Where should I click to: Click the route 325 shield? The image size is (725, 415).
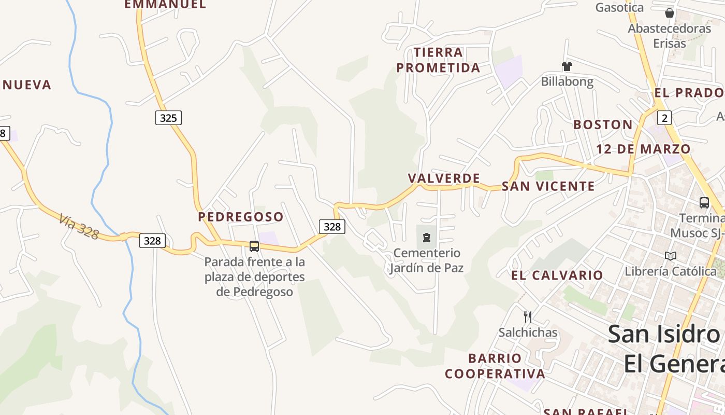pos(168,118)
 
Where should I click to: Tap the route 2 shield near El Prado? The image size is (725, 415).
pos(664,118)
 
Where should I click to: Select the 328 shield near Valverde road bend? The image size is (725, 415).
pos(332,226)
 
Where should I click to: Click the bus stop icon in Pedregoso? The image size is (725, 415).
pos(254,246)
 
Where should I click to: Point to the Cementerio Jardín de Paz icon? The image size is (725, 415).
pos(426,238)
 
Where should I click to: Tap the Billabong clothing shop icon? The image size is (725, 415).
pos(567,66)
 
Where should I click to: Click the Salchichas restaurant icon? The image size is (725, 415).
pos(528,316)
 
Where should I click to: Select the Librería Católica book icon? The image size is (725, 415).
pos(671,256)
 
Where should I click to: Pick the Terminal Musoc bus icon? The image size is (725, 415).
pos(704,203)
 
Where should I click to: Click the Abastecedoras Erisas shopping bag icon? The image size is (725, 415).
pos(670,13)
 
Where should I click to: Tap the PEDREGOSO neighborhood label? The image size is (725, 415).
pos(241,217)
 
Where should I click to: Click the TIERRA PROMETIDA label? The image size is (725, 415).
pos(438,60)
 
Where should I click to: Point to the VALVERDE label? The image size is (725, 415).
pos(444,178)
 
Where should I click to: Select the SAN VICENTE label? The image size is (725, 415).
pos(548,186)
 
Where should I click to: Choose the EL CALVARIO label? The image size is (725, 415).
pos(557,275)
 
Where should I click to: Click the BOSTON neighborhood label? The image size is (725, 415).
pos(603,125)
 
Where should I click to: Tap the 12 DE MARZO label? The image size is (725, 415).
pos(643,149)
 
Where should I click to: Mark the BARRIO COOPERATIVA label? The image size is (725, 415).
pos(495,366)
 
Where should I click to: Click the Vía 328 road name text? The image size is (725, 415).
pos(78,227)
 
